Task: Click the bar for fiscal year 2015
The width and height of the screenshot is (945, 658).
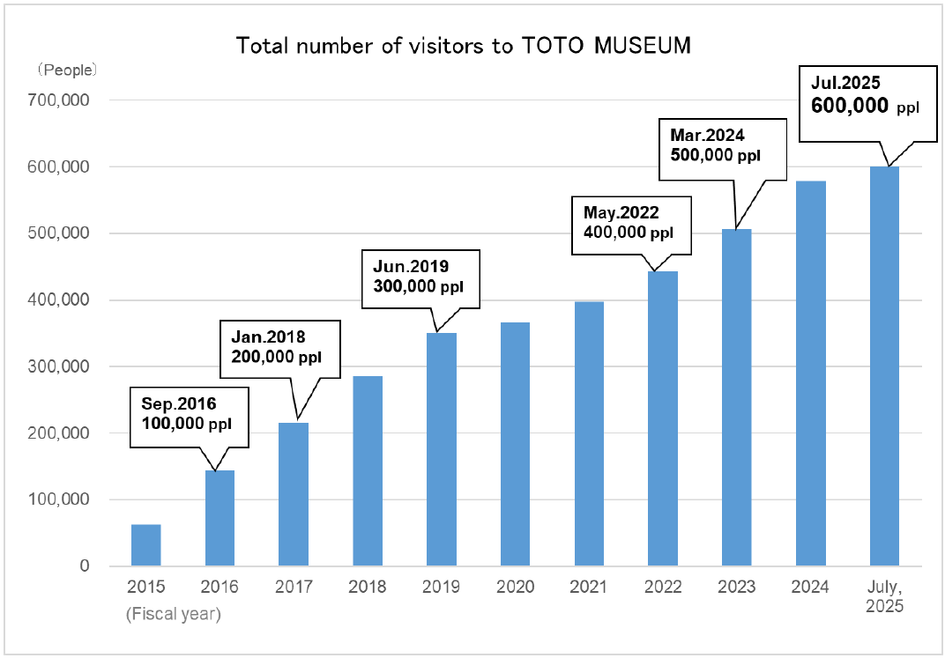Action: [x=146, y=545]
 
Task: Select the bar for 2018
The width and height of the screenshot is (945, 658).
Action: [x=368, y=471]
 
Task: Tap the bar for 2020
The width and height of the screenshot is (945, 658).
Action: [x=515, y=444]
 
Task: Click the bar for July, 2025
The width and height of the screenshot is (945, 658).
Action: [x=884, y=366]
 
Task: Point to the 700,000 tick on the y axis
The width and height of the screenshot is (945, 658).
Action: [x=61, y=100]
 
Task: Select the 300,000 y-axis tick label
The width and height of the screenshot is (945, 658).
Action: [x=61, y=366]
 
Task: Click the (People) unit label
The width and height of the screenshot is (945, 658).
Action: [x=66, y=69]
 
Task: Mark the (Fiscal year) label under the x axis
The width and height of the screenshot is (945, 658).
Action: [x=173, y=613]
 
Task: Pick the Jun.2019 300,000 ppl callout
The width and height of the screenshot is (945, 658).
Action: [x=420, y=277]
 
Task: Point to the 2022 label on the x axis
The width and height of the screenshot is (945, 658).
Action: [x=663, y=588]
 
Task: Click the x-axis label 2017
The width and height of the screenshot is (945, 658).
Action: [x=294, y=588]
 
